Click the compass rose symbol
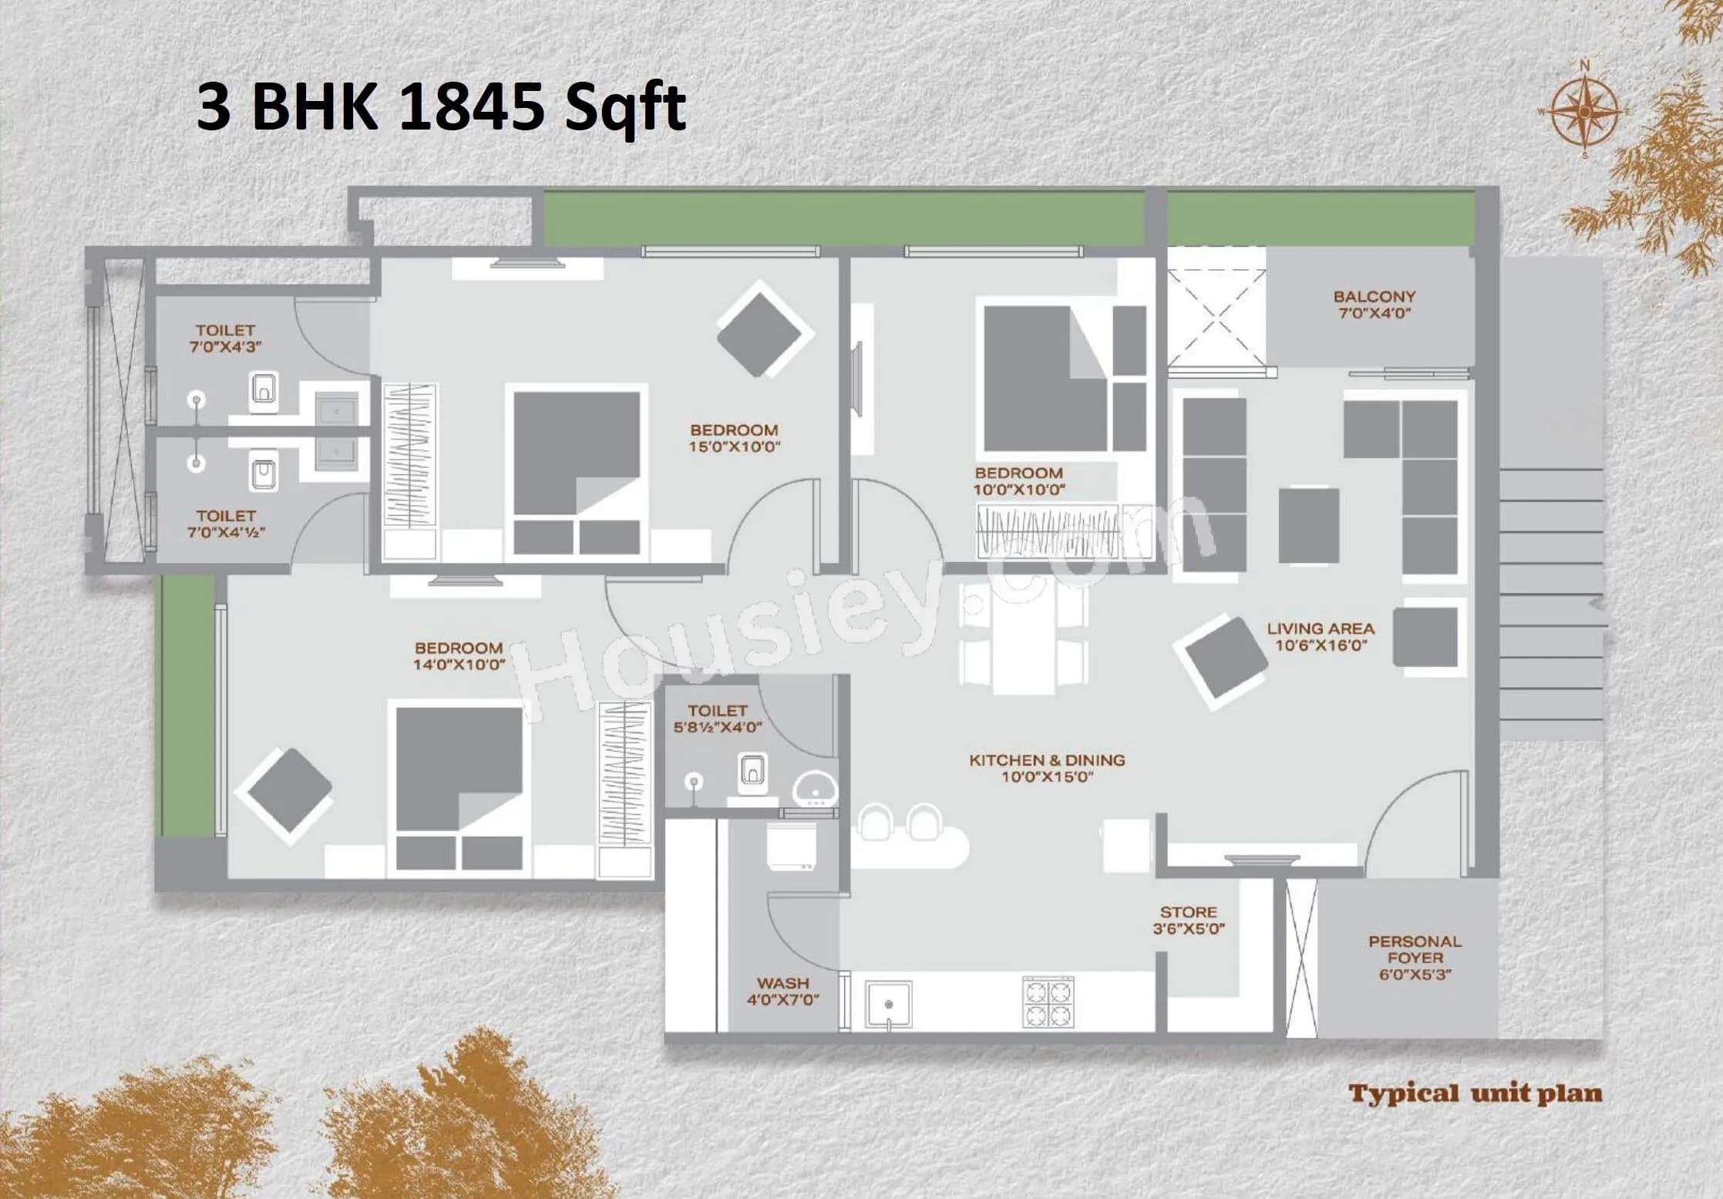tap(1584, 112)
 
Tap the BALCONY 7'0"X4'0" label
tap(1374, 305)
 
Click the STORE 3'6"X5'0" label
tap(1188, 921)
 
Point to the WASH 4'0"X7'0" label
tap(782, 992)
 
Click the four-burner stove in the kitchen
tap(1048, 1002)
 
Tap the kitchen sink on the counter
tap(888, 1003)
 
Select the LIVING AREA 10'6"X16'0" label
tap(1321, 637)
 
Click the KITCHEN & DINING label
tap(1047, 768)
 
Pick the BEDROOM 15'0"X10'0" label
tap(734, 438)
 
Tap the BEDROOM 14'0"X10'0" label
tap(459, 656)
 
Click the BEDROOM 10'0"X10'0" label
tap(1018, 480)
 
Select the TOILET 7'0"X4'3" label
tap(225, 338)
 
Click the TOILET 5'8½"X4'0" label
tap(717, 719)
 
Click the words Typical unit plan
tap(1475, 1093)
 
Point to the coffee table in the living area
tap(1308, 525)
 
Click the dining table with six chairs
tap(1024, 637)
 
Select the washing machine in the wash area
tap(792, 847)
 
